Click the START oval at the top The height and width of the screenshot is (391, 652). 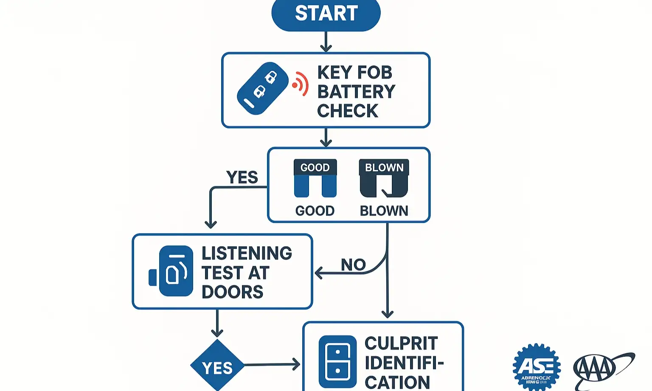326,14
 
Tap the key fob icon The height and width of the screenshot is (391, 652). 262,88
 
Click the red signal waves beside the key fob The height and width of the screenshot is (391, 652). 301,84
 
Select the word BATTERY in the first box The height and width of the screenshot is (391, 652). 356,92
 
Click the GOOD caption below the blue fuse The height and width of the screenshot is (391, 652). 315,211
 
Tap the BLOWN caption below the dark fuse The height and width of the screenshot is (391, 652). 384,211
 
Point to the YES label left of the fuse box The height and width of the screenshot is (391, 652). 242,177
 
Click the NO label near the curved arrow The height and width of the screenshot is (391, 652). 353,264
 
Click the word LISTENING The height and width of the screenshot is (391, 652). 247,253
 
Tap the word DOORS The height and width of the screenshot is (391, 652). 232,292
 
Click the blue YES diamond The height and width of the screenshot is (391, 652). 217,366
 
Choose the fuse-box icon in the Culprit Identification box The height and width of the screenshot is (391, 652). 337,361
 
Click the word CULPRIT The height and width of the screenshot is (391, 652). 401,343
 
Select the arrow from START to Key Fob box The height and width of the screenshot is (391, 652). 326,42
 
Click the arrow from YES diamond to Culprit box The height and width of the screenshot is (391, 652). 272,364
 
